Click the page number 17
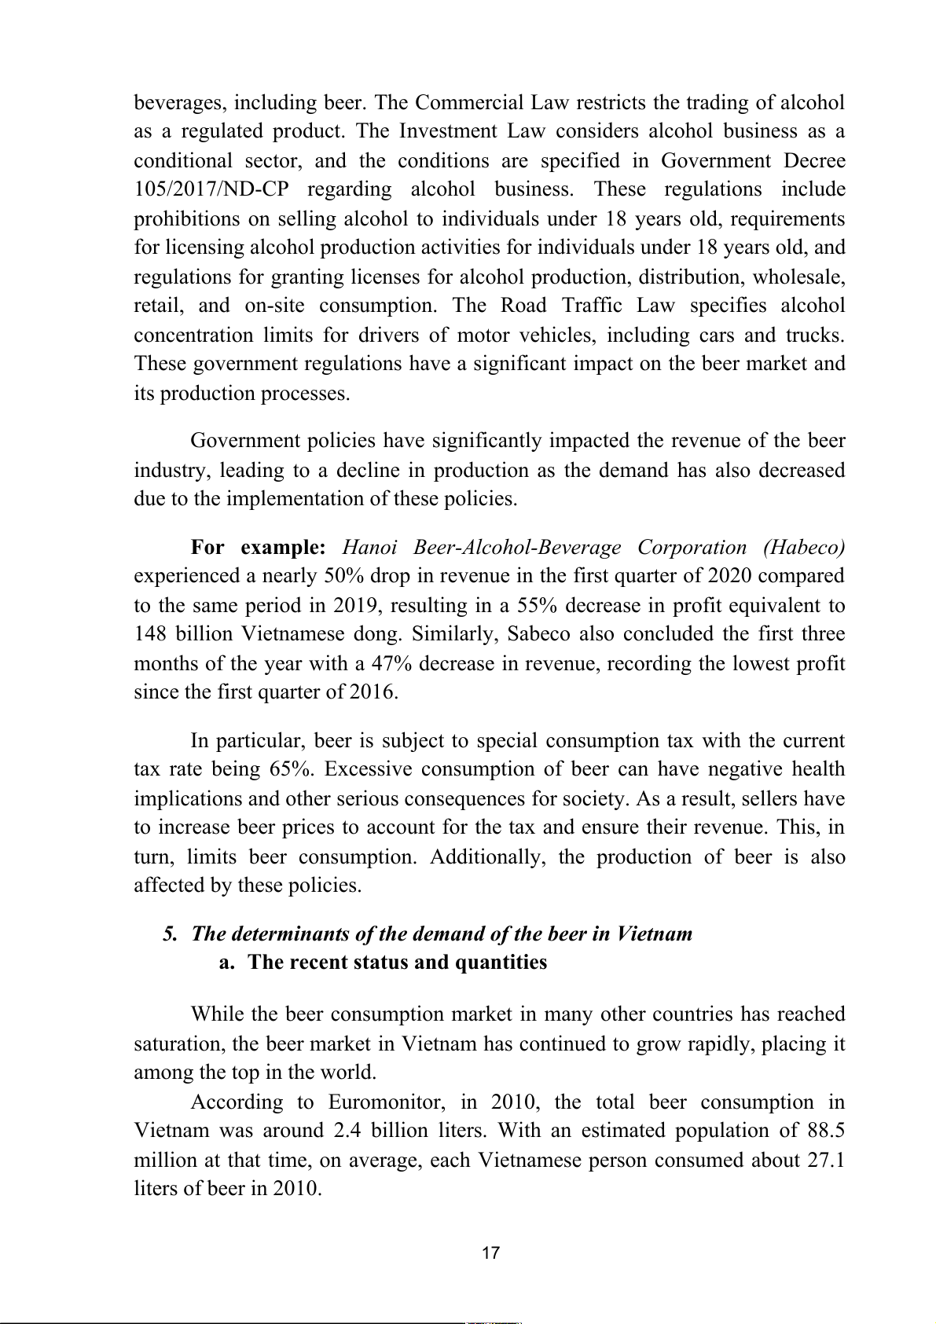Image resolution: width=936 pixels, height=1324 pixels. (x=490, y=1253)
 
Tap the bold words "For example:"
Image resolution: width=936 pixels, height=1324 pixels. (x=258, y=547)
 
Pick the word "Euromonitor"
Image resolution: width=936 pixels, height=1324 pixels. (x=384, y=1102)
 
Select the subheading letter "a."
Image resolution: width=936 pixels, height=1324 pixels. (x=227, y=963)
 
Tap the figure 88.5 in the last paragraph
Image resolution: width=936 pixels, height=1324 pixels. (x=826, y=1131)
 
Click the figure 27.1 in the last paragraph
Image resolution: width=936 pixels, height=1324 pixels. (x=826, y=1161)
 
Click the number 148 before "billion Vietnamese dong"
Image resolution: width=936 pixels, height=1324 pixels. (x=151, y=634)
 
